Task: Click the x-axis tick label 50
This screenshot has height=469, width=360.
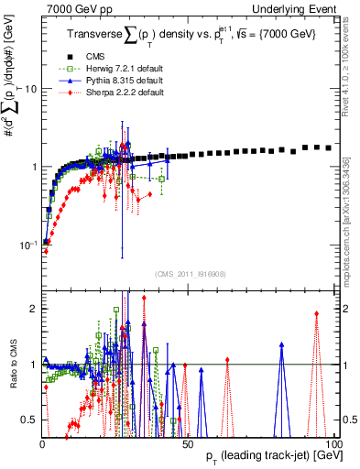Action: coord(188,444)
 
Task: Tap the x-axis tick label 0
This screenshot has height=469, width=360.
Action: coord(42,444)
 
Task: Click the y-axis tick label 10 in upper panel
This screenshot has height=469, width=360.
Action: coord(30,89)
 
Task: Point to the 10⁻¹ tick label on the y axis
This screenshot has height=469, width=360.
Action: coord(27,245)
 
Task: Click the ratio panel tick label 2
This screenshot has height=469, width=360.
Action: coord(34,309)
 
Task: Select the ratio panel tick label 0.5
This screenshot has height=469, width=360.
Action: coord(30,420)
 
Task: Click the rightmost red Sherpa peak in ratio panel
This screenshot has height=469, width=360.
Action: coord(316,314)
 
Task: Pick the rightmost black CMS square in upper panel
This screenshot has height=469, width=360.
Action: coord(329,147)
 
